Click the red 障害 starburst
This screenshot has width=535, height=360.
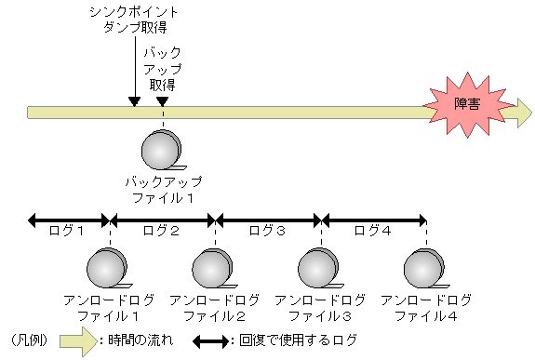coord(466,106)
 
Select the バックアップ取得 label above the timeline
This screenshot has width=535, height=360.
coord(163,65)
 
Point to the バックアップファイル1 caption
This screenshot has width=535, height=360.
coord(164,189)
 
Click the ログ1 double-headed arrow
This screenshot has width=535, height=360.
coord(69,220)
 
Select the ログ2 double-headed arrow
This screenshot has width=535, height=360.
coord(163,220)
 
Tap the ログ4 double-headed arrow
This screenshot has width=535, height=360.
coord(373,220)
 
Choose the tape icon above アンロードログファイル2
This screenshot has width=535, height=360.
coord(215,269)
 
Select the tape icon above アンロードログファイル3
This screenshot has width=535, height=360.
coord(320,269)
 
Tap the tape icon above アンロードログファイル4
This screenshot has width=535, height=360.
coord(426,269)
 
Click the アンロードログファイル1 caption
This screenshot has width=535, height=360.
coord(110,308)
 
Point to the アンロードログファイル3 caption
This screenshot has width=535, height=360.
coord(320,308)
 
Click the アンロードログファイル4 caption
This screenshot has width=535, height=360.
coord(426,308)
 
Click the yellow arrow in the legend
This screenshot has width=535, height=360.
coord(78,340)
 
